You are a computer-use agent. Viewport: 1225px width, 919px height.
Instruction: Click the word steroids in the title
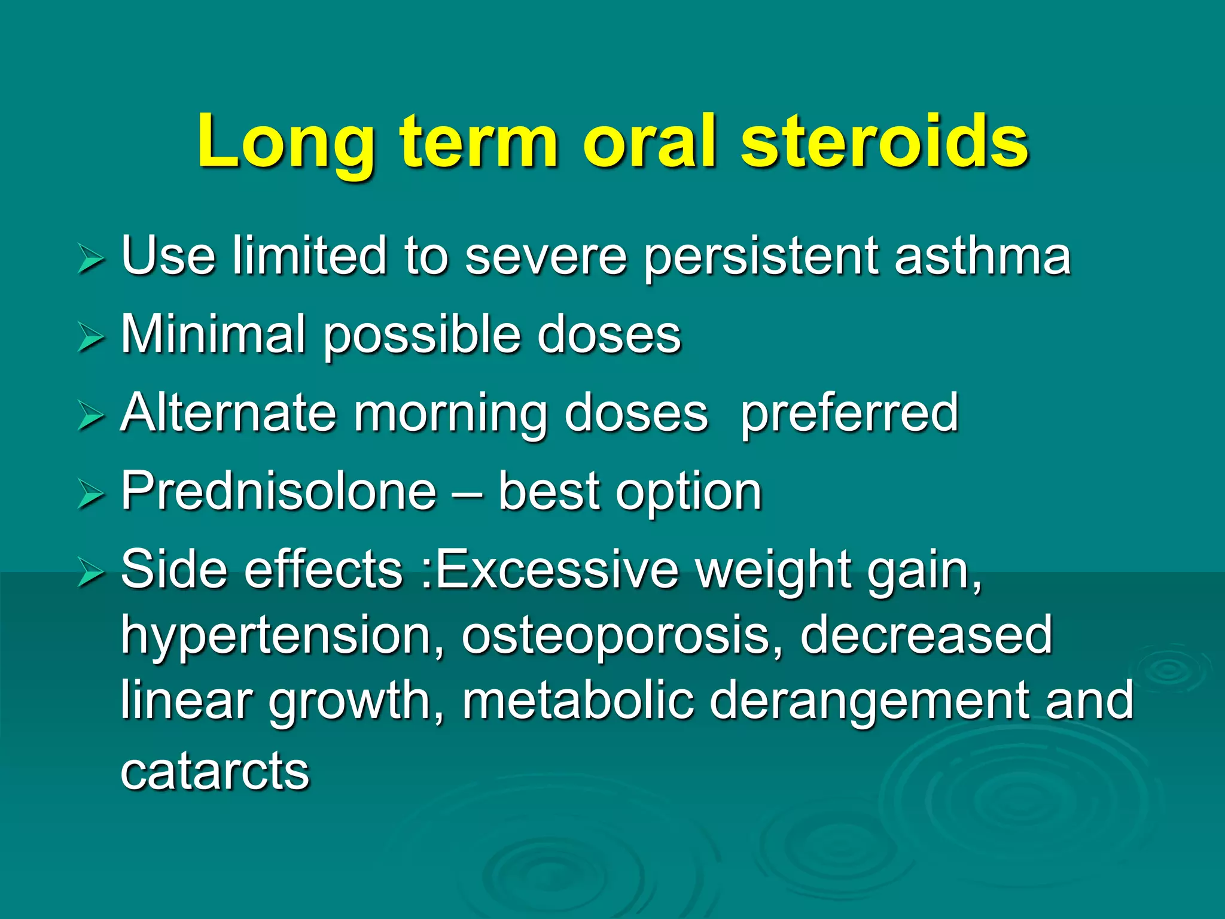[x=884, y=142]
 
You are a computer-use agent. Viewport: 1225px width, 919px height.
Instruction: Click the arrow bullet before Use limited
[x=90, y=261]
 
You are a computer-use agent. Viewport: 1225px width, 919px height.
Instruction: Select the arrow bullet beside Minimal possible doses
[x=90, y=339]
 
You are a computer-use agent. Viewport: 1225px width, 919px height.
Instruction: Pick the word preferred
[x=849, y=415]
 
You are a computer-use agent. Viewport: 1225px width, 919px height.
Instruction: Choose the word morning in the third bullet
[x=450, y=415]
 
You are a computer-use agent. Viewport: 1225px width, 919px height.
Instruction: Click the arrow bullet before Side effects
[x=90, y=574]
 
